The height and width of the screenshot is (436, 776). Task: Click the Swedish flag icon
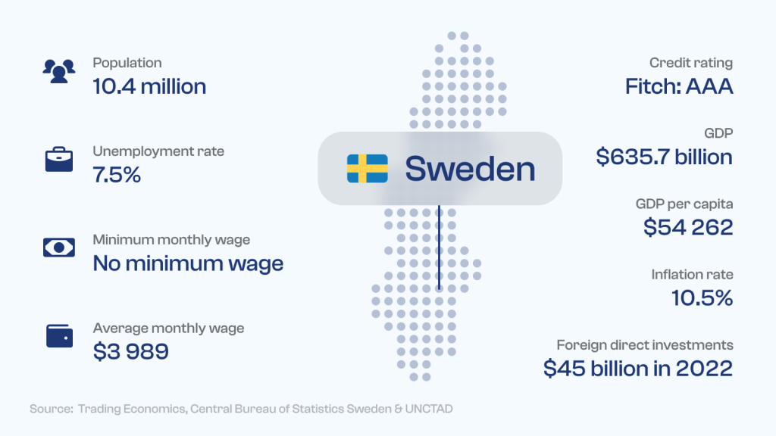pyautogui.click(x=368, y=169)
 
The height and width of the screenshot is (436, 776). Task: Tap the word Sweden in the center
pyautogui.click(x=470, y=169)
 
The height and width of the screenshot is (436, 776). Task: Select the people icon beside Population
pyautogui.click(x=59, y=71)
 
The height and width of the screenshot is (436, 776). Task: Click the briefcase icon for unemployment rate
pyautogui.click(x=59, y=159)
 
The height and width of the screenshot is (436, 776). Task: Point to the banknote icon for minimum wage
pyautogui.click(x=59, y=248)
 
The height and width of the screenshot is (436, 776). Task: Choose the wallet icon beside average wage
pyautogui.click(x=59, y=335)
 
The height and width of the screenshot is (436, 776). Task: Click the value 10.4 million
pyautogui.click(x=149, y=86)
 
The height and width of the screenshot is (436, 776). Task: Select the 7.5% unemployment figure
pyautogui.click(x=117, y=175)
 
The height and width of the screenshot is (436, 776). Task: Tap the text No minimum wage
pyautogui.click(x=188, y=263)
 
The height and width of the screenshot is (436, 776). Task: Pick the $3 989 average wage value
pyautogui.click(x=130, y=351)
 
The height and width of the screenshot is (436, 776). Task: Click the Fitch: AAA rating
pyautogui.click(x=679, y=86)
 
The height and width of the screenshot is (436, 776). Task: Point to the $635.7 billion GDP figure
pyautogui.click(x=664, y=157)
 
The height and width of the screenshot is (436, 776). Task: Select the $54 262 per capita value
pyautogui.click(x=688, y=227)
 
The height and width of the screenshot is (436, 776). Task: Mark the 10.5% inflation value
pyautogui.click(x=702, y=298)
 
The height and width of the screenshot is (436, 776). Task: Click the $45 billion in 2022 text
pyautogui.click(x=638, y=369)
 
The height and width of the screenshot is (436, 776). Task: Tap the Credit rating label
pyautogui.click(x=691, y=64)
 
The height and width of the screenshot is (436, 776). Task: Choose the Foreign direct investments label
pyautogui.click(x=645, y=345)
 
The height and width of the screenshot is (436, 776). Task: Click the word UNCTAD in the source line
pyautogui.click(x=429, y=410)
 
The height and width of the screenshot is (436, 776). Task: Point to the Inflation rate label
pyautogui.click(x=693, y=274)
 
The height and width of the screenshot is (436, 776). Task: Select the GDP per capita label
pyautogui.click(x=684, y=204)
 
